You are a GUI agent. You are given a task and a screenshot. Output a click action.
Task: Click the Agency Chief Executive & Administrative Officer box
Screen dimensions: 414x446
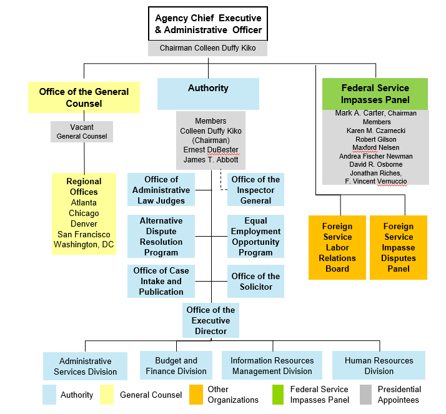click(208, 24)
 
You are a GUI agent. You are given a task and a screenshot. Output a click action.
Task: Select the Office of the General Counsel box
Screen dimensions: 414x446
click(84, 97)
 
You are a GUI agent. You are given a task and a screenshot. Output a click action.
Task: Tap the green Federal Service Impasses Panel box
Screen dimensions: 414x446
click(375, 94)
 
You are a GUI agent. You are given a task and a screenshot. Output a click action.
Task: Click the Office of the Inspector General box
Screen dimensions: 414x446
click(255, 190)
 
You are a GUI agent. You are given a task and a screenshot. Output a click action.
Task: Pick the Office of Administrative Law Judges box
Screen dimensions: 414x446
click(161, 190)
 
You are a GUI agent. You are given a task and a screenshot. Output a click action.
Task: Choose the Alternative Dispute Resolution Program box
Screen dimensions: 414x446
click(161, 237)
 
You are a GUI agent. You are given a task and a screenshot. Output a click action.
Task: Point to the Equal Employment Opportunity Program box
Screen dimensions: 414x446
click(255, 237)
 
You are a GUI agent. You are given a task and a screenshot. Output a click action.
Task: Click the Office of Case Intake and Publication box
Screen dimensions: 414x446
click(161, 281)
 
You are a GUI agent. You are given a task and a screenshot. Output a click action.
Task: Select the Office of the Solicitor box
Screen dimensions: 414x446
click(255, 281)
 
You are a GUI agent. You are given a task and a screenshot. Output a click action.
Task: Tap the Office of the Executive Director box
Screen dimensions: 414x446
click(211, 320)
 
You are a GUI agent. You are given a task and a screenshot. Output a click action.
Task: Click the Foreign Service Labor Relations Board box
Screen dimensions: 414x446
click(337, 247)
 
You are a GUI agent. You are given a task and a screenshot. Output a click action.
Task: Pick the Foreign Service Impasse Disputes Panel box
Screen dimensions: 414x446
click(399, 247)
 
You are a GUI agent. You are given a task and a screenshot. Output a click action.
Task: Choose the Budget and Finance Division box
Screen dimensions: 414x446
click(176, 365)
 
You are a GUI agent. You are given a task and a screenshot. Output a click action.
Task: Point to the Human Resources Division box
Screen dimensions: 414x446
click(379, 365)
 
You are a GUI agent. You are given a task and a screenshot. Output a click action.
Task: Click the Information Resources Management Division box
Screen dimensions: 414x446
click(272, 365)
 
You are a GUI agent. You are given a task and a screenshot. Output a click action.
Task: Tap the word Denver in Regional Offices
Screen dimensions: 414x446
click(84, 224)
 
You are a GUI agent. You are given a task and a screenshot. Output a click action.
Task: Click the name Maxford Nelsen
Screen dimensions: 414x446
click(375, 147)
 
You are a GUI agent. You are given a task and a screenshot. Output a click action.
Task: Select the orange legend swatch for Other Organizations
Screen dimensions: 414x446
click(196, 394)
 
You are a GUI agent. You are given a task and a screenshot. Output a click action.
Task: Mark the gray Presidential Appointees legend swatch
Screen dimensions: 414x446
click(367, 394)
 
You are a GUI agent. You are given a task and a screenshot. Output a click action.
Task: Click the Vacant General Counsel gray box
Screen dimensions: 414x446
click(82, 131)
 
